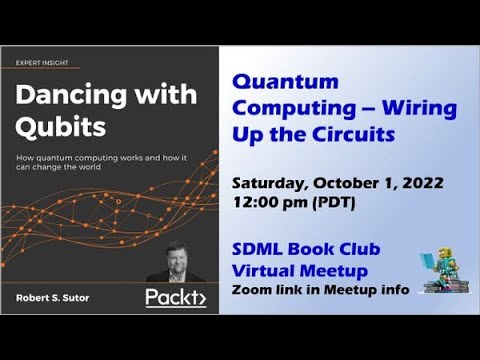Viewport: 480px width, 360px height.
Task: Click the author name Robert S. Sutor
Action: pyautogui.click(x=58, y=297)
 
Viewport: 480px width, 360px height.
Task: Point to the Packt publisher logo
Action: pyautogui.click(x=174, y=297)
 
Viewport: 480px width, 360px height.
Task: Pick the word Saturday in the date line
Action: pyautogui.click(x=270, y=184)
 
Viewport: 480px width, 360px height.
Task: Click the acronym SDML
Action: pyautogui.click(x=259, y=250)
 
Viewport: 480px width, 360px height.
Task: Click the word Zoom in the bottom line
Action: pyautogui.click(x=250, y=290)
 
